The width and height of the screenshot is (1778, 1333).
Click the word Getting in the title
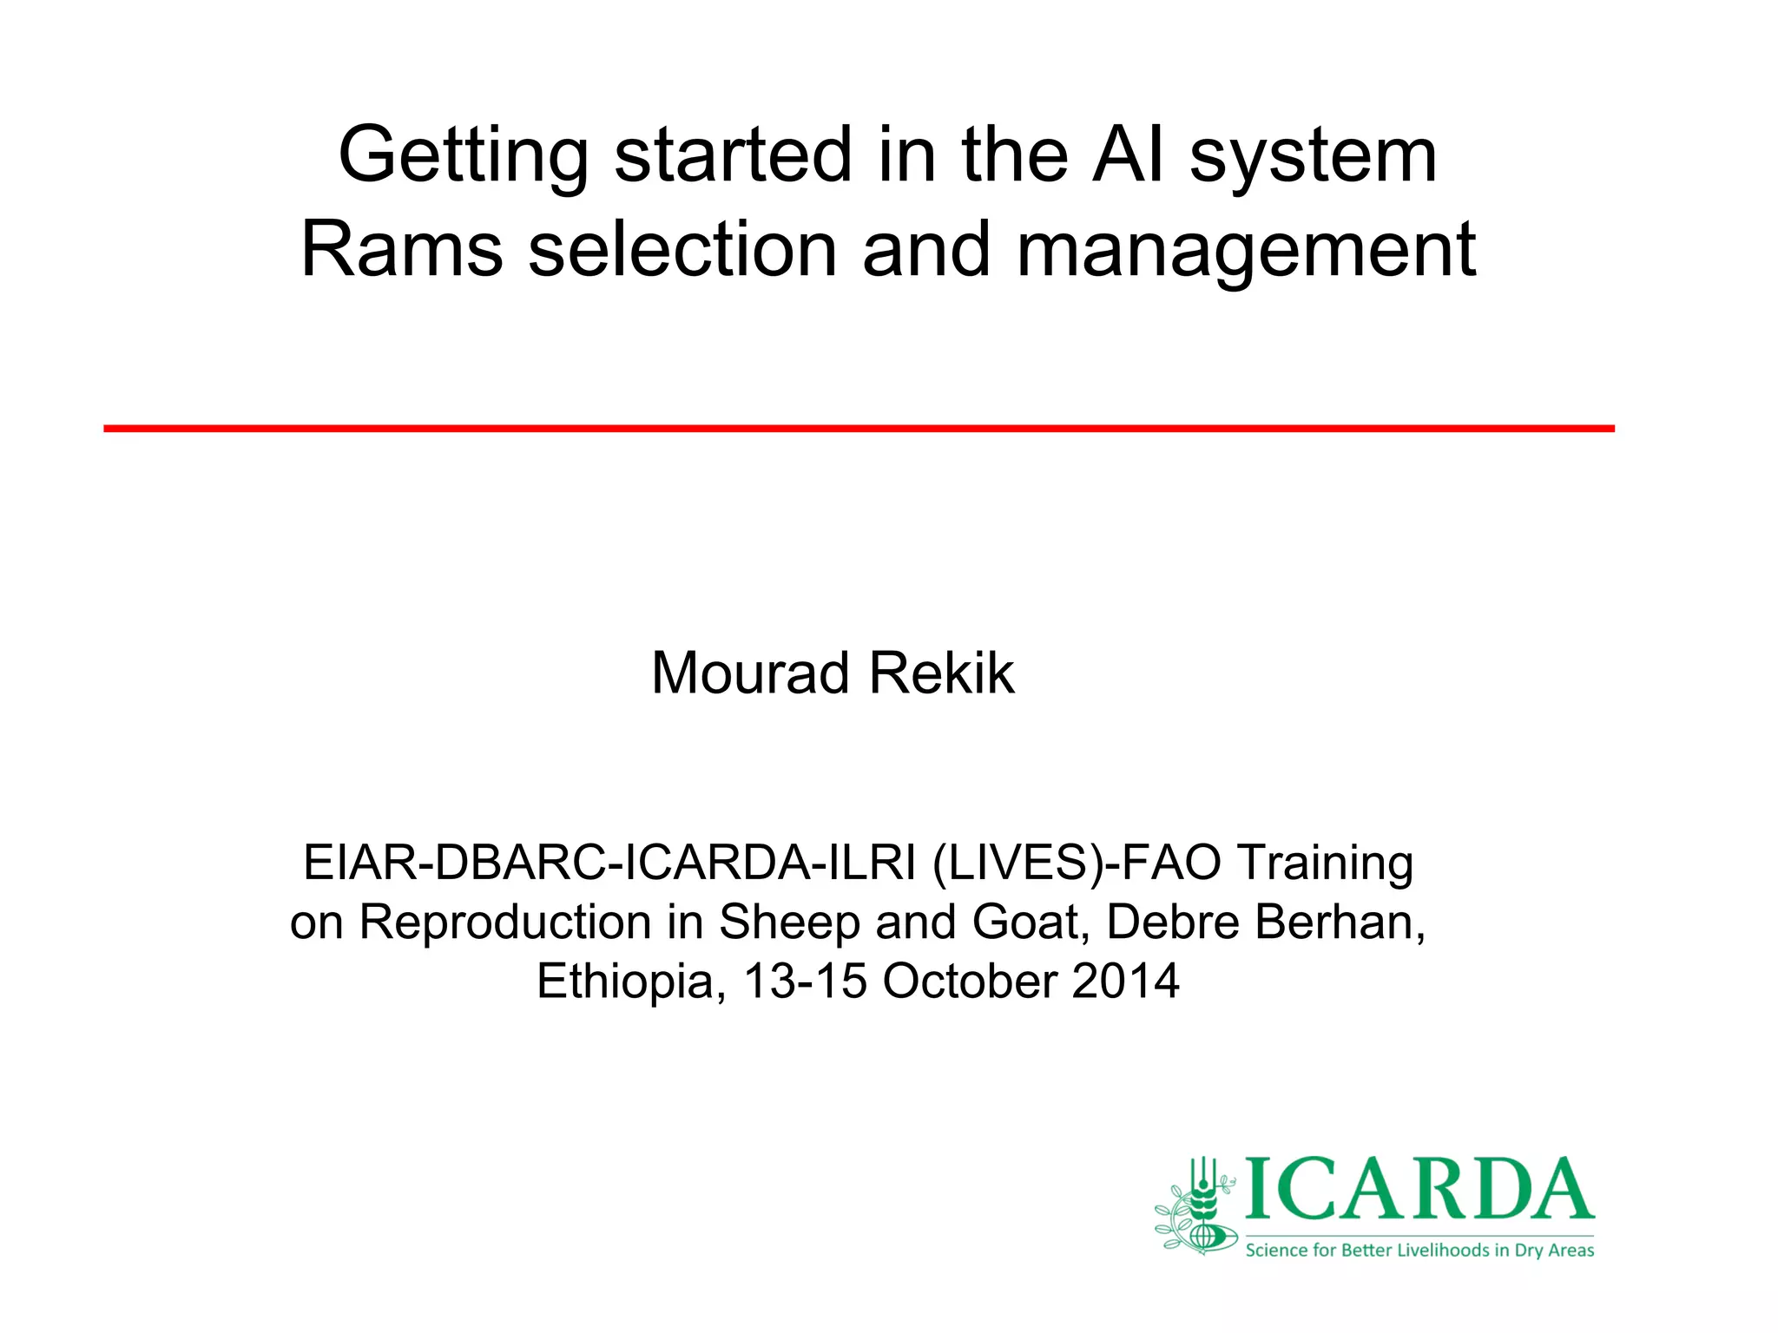(464, 156)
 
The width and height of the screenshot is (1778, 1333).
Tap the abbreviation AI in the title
(1127, 156)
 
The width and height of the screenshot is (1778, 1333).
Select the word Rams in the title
(402, 250)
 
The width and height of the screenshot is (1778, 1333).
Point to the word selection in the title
(682, 250)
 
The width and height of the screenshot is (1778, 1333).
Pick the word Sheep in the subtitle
(788, 922)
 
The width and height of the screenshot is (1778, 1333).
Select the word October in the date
(970, 982)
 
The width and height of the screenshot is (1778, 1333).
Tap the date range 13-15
(805, 982)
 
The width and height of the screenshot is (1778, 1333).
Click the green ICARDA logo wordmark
(1419, 1189)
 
